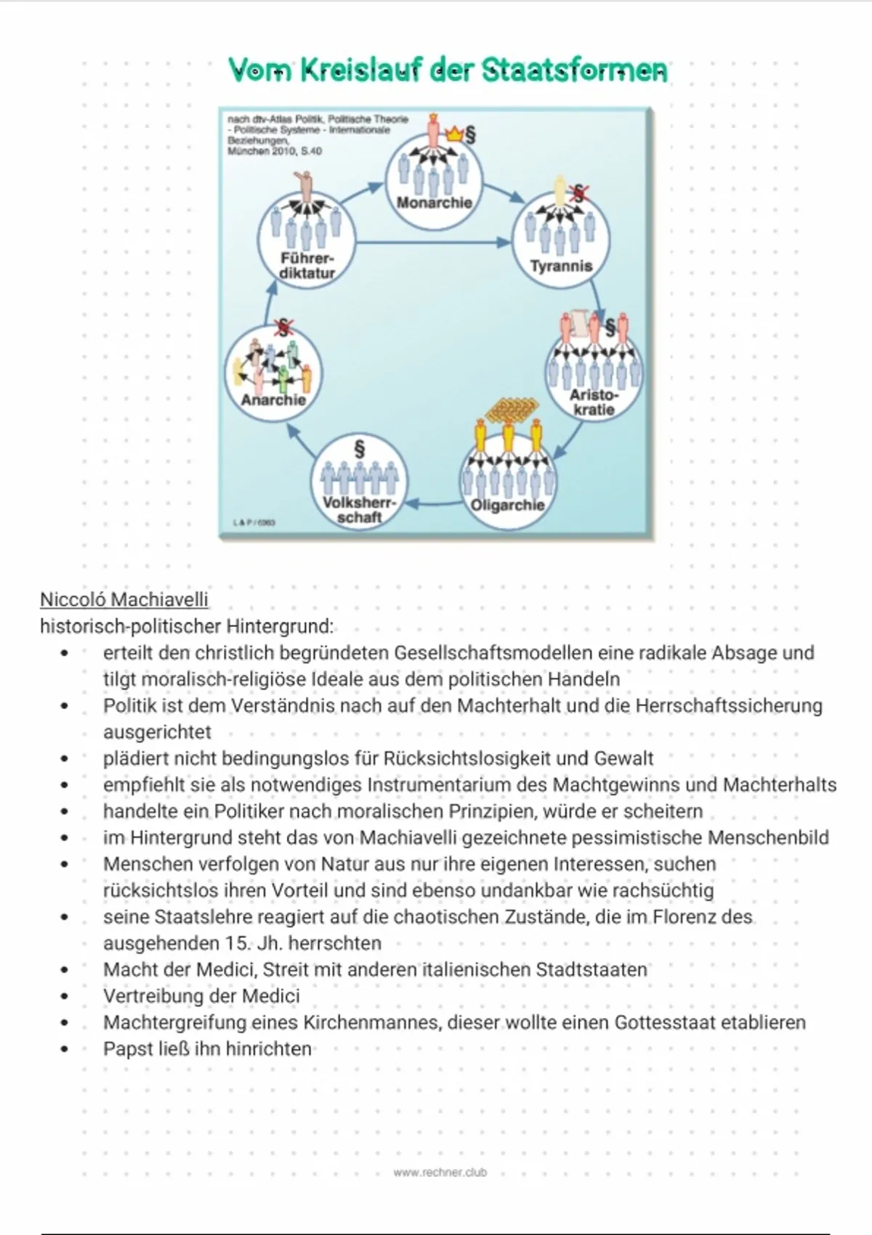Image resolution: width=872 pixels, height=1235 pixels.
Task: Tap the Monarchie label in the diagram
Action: pyautogui.click(x=434, y=203)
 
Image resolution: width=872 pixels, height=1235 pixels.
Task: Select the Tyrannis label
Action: pyautogui.click(x=561, y=266)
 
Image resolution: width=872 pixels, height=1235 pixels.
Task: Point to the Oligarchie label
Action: pyautogui.click(x=507, y=505)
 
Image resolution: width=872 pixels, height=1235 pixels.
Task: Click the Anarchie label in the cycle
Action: pyautogui.click(x=273, y=400)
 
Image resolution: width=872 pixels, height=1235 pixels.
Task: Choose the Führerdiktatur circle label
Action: pyautogui.click(x=307, y=266)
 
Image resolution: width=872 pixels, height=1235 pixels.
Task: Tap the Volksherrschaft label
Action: pyautogui.click(x=360, y=510)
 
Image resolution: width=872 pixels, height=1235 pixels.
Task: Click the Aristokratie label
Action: pyautogui.click(x=594, y=402)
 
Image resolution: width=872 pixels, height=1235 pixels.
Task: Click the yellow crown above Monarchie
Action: pyautogui.click(x=455, y=134)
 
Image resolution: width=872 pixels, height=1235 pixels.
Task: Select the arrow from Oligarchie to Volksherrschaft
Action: pyautogui.click(x=434, y=502)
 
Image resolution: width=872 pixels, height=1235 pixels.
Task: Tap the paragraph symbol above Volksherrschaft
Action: pyautogui.click(x=359, y=448)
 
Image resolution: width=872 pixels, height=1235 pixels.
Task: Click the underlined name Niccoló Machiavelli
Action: pyautogui.click(x=124, y=599)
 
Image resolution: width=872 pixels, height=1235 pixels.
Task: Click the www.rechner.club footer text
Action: pyautogui.click(x=440, y=1172)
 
